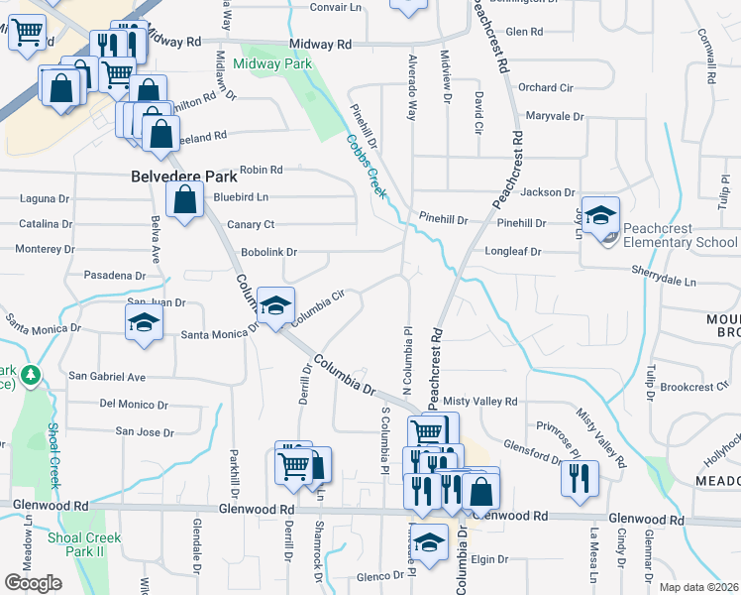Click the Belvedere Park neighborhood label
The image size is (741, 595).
(x=184, y=177)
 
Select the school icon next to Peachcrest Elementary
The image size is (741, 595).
(x=599, y=215)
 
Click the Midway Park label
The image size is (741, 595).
(x=272, y=64)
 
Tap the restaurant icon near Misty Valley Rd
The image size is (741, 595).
(x=580, y=476)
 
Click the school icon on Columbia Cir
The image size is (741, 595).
(x=276, y=304)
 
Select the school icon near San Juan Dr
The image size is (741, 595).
(x=144, y=321)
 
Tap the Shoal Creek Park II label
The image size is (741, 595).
(x=84, y=544)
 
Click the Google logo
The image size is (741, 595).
(x=34, y=583)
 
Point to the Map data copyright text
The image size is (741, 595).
(x=699, y=587)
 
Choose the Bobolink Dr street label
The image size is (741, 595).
(x=268, y=253)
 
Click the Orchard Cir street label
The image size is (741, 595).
(x=545, y=87)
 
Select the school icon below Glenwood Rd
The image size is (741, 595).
(x=430, y=543)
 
